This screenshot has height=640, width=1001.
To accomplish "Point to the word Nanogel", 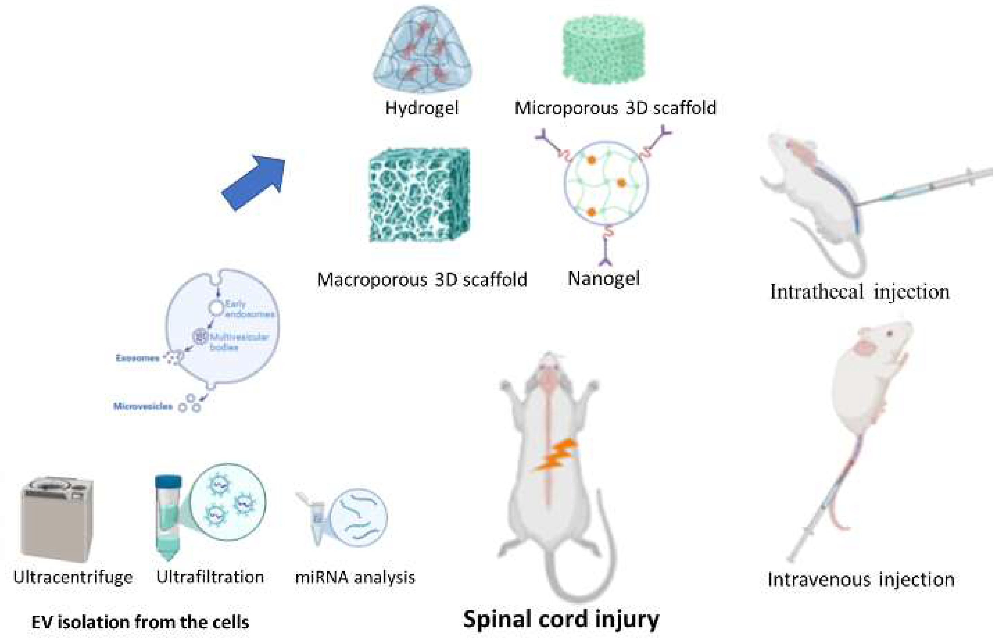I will pyautogui.click(x=604, y=278).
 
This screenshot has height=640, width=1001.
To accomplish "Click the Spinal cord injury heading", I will pyautogui.click(x=561, y=619).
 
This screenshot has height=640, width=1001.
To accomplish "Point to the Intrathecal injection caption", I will pyautogui.click(x=860, y=292).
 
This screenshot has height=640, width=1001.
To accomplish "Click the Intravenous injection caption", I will pyautogui.click(x=861, y=579).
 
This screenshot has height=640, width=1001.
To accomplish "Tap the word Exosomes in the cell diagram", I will pyautogui.click(x=137, y=358).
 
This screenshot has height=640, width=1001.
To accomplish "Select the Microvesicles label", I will pyautogui.click(x=143, y=406).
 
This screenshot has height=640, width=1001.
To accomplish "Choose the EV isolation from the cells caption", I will pyautogui.click(x=140, y=622).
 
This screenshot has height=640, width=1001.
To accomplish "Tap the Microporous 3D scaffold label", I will pyautogui.click(x=615, y=108).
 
